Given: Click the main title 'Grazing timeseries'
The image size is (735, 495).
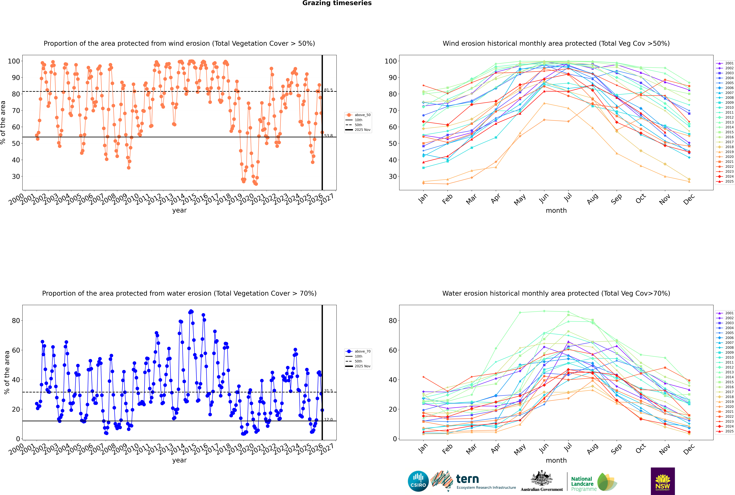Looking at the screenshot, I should click(337, 3).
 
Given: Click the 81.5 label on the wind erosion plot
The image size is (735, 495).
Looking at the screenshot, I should click(328, 90).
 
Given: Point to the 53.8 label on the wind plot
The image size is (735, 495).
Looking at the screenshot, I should click(328, 136).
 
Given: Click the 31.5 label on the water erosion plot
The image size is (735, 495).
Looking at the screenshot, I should click(328, 391).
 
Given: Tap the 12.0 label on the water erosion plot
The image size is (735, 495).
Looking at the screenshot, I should click(328, 420).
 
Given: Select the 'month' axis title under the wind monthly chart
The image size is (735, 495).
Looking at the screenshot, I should click(556, 211).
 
